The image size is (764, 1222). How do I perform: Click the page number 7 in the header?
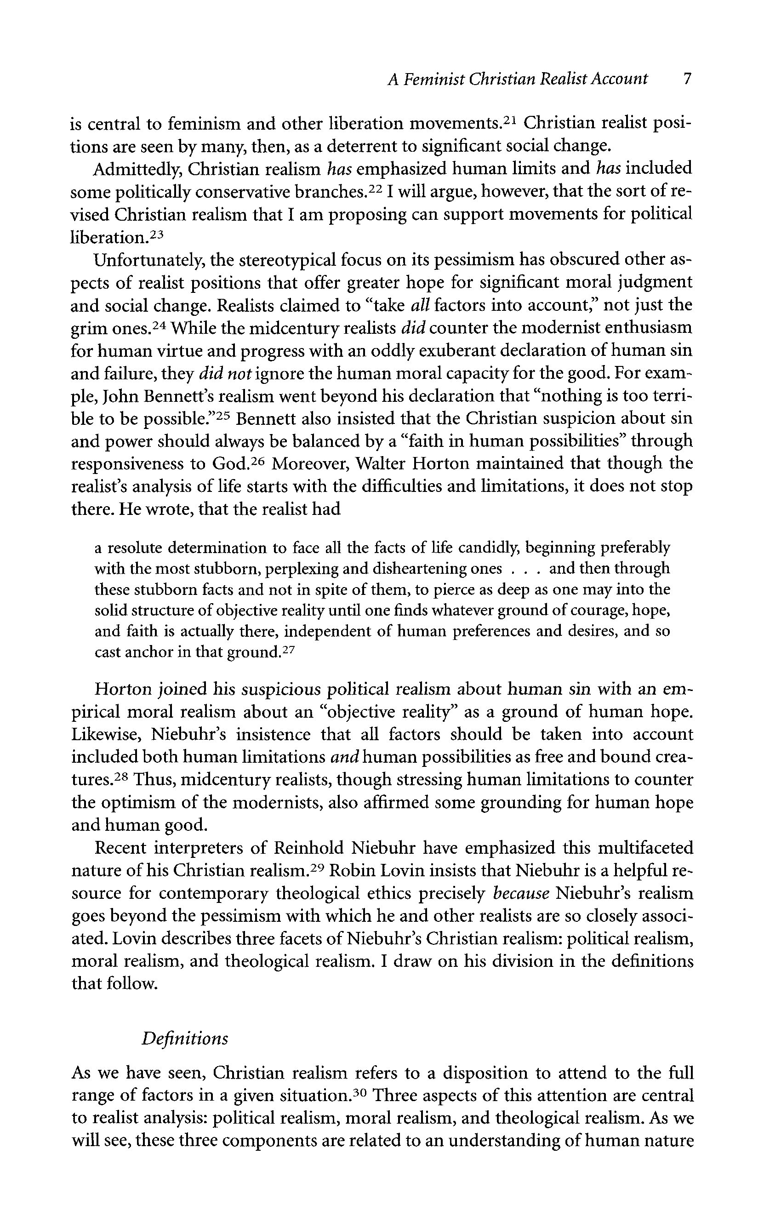[x=686, y=80]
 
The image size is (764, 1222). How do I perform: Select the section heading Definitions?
[x=184, y=1038]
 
